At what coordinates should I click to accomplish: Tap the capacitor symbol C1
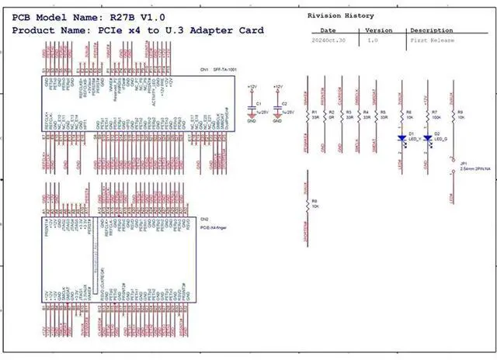click(x=251, y=109)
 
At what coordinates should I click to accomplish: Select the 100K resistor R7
click(x=427, y=116)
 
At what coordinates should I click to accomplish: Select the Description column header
click(x=432, y=30)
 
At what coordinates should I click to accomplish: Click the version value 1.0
click(x=373, y=39)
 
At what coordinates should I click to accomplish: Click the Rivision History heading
click(x=340, y=16)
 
